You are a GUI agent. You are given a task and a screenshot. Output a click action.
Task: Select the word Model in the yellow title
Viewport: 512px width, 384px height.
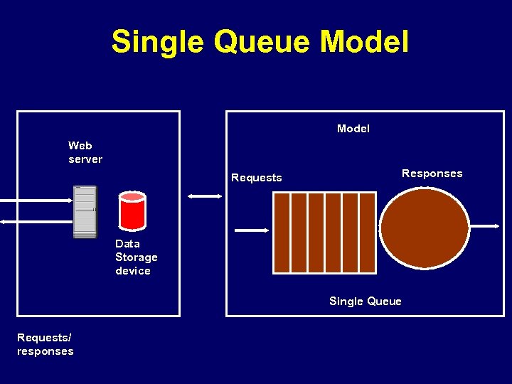pyautogui.click(x=364, y=42)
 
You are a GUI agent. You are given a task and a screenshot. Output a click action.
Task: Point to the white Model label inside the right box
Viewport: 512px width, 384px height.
pyautogui.click(x=353, y=129)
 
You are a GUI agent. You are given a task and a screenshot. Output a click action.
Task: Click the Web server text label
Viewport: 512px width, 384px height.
pyautogui.click(x=85, y=152)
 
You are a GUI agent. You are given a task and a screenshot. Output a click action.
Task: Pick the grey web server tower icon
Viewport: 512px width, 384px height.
pyautogui.click(x=85, y=212)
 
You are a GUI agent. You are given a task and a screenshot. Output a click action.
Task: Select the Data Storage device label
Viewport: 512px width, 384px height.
pyautogui.click(x=136, y=257)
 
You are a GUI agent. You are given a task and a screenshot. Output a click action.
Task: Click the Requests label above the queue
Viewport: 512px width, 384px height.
pyautogui.click(x=257, y=178)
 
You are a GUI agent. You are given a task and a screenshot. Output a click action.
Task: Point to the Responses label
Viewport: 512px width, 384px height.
pyautogui.click(x=432, y=174)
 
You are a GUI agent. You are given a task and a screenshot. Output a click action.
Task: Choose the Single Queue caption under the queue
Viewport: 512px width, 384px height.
pyautogui.click(x=365, y=302)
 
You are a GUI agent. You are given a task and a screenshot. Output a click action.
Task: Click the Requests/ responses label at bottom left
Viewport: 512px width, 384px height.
pyautogui.click(x=46, y=344)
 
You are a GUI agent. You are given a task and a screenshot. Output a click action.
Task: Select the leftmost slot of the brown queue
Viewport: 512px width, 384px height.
pyautogui.click(x=282, y=233)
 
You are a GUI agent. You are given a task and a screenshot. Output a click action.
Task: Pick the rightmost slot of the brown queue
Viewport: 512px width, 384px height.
pyautogui.click(x=368, y=233)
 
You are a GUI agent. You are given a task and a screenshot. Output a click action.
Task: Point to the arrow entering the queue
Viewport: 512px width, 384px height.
pyautogui.click(x=251, y=230)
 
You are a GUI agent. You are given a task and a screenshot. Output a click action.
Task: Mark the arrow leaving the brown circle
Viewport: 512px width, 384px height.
pyautogui.click(x=485, y=226)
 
